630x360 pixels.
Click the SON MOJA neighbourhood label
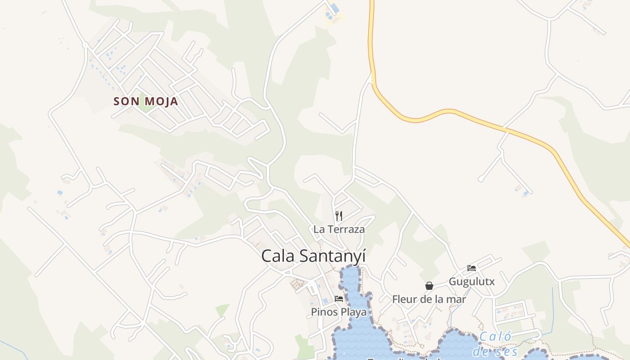(x=146, y=101)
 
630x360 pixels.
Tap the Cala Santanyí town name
(x=313, y=256)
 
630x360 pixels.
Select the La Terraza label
(x=339, y=229)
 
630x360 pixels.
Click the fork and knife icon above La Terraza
(x=339, y=216)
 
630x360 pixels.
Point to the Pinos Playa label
(x=338, y=311)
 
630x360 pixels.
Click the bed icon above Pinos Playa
(x=339, y=298)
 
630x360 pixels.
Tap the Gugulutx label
(x=472, y=282)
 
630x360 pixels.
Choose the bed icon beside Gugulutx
(x=472, y=268)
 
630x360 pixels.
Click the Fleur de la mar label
(x=429, y=299)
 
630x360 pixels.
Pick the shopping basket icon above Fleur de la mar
(x=429, y=286)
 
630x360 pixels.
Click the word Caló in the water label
(x=495, y=337)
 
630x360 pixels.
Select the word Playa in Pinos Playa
(x=352, y=311)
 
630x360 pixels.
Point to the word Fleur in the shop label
(x=403, y=299)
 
